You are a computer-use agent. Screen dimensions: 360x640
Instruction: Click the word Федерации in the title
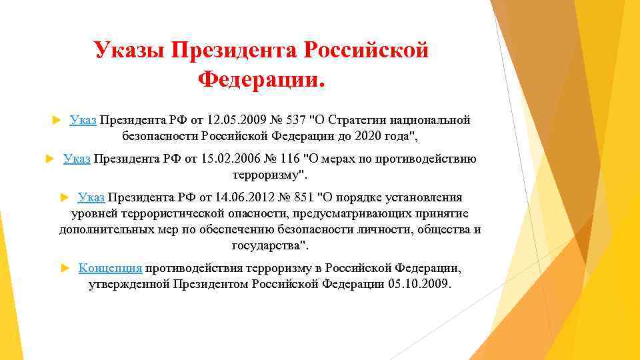point(257,80)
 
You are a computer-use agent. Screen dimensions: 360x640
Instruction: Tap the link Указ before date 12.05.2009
point(83,120)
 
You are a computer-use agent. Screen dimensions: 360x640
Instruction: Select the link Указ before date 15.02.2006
point(77,159)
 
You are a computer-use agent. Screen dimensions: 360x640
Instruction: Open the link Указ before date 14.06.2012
point(91,197)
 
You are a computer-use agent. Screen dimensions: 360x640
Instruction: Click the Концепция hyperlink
point(110,268)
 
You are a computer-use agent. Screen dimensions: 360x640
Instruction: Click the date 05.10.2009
point(418,283)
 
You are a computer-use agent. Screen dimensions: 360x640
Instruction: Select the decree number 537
point(299,120)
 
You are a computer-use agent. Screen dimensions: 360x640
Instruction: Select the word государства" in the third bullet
point(270,245)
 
